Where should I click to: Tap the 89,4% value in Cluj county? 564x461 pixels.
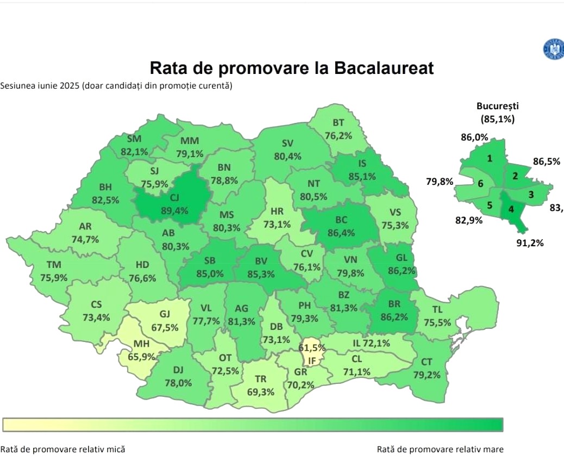173,210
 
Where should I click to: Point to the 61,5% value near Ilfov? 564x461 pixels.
312,347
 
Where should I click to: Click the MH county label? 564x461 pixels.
142,345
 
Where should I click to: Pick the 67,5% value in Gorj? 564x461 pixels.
165,327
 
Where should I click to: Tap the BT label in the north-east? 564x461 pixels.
339,123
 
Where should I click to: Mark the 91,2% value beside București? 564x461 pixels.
530,243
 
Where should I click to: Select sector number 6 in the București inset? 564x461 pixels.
480,184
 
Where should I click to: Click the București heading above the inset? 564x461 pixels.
497,107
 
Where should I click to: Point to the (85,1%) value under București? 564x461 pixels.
497,119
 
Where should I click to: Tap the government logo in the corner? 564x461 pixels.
553,49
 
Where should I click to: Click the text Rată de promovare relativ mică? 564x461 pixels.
62,449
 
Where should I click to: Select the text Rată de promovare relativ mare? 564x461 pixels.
440,449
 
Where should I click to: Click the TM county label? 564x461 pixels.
54,265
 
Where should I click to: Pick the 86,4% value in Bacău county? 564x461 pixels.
341,233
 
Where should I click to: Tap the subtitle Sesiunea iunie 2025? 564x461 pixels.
39,85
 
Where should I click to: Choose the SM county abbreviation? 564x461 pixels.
134,139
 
